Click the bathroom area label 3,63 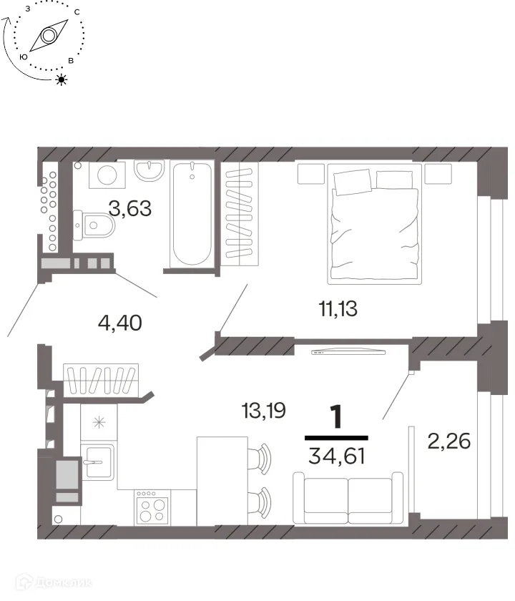[x=130, y=208]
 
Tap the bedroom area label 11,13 [x=338, y=308]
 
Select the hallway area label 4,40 [x=120, y=323]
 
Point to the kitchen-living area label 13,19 [x=264, y=411]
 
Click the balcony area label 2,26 [x=448, y=441]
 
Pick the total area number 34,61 [x=337, y=456]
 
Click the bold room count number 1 [x=336, y=417]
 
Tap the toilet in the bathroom [x=94, y=225]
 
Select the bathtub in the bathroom [x=192, y=213]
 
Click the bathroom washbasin [x=149, y=170]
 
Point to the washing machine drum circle [x=107, y=175]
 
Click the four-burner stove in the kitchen [x=152, y=507]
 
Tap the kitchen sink [x=99, y=462]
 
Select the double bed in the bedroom [x=374, y=224]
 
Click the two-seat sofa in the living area [x=348, y=498]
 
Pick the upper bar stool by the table [x=260, y=459]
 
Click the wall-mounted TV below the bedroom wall [x=348, y=352]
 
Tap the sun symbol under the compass [x=62, y=79]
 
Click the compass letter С [x=77, y=12]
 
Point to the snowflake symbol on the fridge [x=99, y=422]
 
